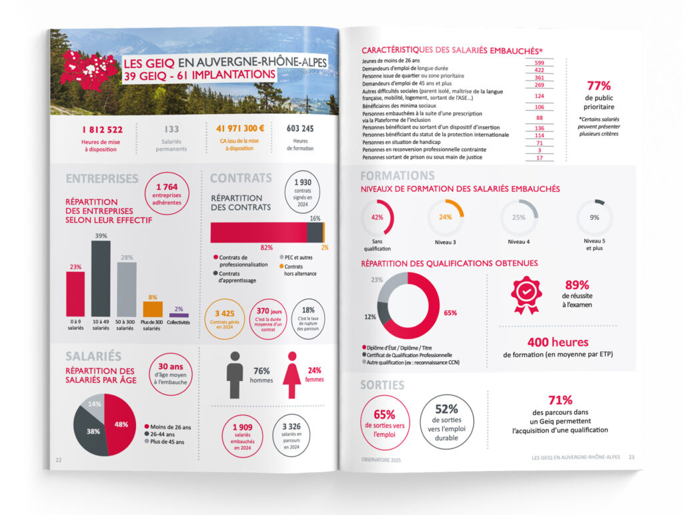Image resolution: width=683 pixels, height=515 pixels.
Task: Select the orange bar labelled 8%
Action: tap(152, 310)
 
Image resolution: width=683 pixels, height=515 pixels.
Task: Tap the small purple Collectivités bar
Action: tap(178, 315)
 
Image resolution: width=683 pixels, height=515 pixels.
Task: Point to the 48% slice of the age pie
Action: tap(121, 424)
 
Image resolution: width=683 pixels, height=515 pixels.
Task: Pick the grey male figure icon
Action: tap(234, 374)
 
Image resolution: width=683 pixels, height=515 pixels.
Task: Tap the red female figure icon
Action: tap(292, 375)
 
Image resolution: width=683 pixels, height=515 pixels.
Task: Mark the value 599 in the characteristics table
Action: tap(540, 61)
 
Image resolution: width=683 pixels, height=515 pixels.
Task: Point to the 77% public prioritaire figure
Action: tap(598, 86)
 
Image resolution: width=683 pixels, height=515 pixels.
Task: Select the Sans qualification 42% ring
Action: tap(377, 217)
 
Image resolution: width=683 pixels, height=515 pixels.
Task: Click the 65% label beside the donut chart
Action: tap(450, 312)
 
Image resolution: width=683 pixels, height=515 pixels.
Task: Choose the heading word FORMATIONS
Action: tap(397, 176)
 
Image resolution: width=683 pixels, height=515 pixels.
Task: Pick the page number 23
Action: tap(631, 457)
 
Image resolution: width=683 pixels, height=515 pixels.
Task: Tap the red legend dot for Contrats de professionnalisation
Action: tap(216, 257)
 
